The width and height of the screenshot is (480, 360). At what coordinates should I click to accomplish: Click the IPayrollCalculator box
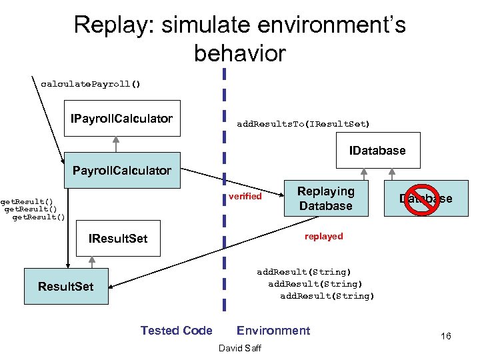(122, 119)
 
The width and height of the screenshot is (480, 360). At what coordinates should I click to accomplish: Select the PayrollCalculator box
(121, 171)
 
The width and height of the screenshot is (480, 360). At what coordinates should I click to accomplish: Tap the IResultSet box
(119, 239)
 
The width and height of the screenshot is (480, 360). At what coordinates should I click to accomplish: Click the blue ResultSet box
(66, 287)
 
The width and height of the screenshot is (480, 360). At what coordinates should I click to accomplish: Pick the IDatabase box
(377, 151)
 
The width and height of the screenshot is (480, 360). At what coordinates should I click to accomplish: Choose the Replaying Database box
(325, 199)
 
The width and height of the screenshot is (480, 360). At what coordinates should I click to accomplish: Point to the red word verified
(245, 196)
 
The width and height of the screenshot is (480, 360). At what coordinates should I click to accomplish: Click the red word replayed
(323, 236)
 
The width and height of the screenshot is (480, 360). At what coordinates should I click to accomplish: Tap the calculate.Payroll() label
(91, 84)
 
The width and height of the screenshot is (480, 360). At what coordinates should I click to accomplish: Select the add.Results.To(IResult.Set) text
(303, 124)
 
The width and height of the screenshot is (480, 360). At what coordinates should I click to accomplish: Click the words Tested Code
(176, 331)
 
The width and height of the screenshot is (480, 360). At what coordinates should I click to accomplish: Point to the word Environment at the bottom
(273, 331)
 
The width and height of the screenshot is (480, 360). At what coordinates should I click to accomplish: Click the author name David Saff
(239, 349)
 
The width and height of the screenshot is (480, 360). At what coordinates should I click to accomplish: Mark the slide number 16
(445, 336)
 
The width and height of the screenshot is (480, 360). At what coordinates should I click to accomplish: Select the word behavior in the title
(239, 53)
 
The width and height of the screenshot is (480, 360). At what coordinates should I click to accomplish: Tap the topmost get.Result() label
(27, 201)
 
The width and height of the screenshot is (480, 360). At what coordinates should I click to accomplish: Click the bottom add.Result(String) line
(327, 296)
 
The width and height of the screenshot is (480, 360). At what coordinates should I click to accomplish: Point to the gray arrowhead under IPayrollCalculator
(115, 141)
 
